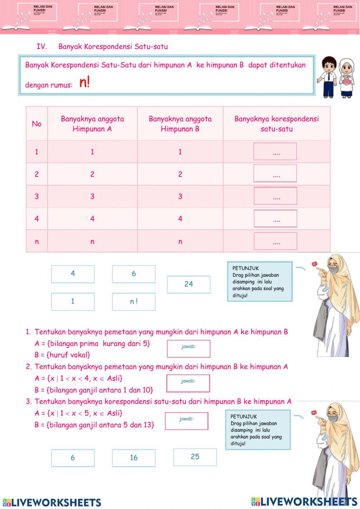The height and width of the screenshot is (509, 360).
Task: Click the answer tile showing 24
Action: click(x=189, y=284)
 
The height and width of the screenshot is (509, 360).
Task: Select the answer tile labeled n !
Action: click(x=134, y=302)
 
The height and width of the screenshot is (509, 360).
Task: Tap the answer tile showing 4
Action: click(x=73, y=274)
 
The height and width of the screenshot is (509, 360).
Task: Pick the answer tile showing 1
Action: click(x=73, y=302)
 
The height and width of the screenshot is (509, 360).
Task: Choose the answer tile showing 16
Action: click(x=134, y=458)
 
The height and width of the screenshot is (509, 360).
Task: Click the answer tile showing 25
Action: click(x=195, y=457)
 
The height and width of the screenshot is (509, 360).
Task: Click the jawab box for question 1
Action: click(x=189, y=348)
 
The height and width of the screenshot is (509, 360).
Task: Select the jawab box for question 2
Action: click(x=188, y=383)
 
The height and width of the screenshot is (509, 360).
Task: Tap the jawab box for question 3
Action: click(x=186, y=421)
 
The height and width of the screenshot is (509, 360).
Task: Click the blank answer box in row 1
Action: click(x=275, y=151)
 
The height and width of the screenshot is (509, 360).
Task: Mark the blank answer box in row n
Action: click(x=275, y=241)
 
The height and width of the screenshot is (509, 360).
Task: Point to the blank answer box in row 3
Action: click(x=275, y=196)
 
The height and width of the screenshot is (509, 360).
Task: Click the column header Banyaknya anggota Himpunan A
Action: click(x=92, y=124)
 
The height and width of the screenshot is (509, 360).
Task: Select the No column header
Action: click(x=37, y=124)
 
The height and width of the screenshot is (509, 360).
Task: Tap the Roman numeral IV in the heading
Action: click(x=42, y=46)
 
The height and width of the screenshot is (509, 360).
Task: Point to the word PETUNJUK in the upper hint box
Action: click(x=246, y=268)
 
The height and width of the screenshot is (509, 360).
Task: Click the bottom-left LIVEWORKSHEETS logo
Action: click(x=52, y=502)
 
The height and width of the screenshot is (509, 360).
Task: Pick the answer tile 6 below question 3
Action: click(x=73, y=458)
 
